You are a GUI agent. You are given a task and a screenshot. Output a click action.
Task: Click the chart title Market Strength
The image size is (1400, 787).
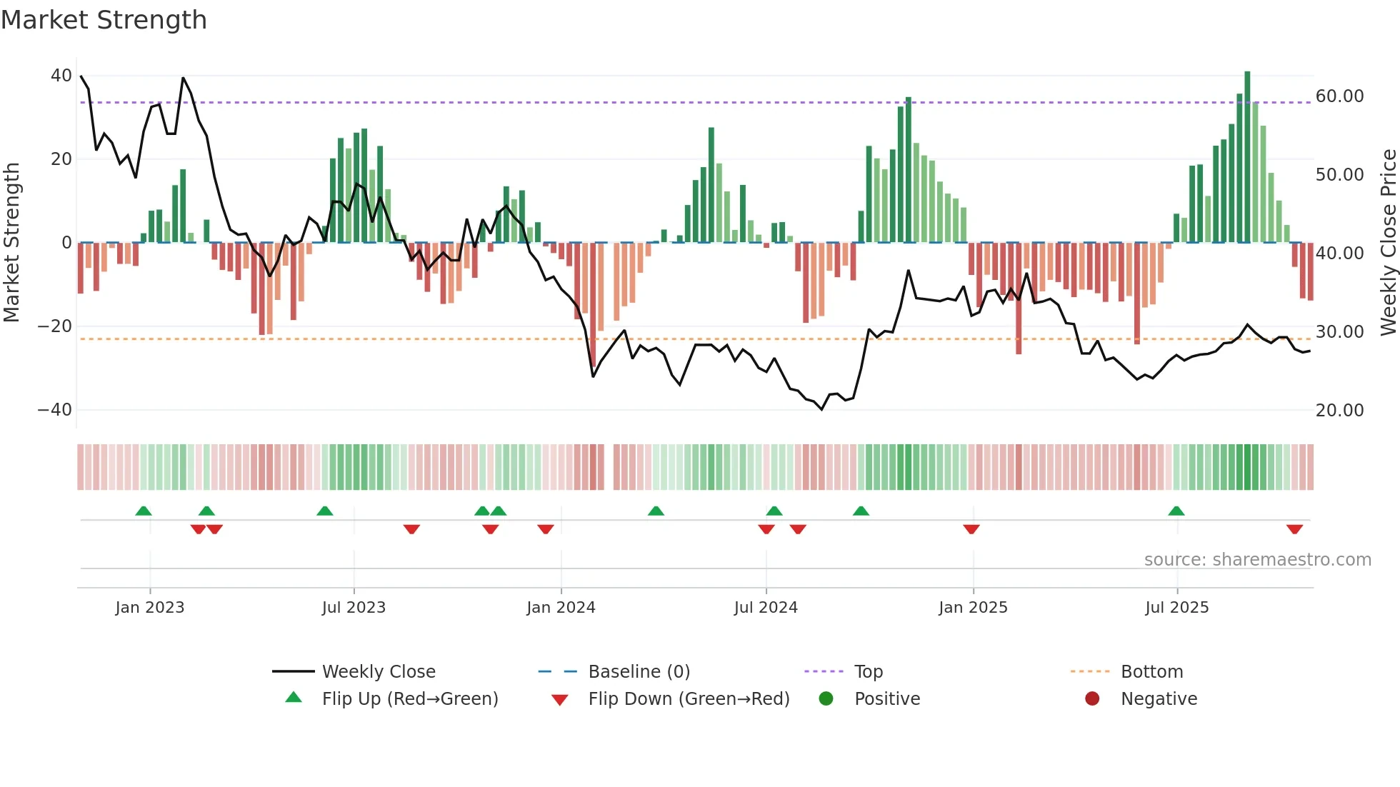point(104,20)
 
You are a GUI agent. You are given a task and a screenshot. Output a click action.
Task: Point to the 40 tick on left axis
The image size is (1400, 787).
point(61,76)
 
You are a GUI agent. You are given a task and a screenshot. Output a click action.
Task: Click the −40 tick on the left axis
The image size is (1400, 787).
point(55,410)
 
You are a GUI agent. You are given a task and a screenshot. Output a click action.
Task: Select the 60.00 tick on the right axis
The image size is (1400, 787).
point(1339,96)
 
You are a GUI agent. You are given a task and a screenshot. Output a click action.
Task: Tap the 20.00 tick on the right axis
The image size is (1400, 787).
point(1339,411)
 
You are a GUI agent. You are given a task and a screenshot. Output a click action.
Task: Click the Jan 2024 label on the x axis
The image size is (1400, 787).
point(561,608)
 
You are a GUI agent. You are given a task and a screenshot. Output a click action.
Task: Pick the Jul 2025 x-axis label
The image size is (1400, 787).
point(1176,608)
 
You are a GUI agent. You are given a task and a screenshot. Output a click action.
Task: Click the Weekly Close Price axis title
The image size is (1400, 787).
point(1388,243)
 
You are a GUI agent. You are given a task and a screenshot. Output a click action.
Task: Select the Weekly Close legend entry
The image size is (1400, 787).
point(378,672)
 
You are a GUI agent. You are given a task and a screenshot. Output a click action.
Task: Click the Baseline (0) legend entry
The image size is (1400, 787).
point(639,672)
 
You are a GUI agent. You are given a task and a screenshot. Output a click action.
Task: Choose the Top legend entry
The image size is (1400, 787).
point(868,672)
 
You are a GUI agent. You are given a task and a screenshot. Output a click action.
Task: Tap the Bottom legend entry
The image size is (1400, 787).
point(1151,672)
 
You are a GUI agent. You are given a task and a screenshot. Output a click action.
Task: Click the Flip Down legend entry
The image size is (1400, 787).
point(689,699)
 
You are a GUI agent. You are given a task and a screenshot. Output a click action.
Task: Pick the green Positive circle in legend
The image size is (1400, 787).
point(826,698)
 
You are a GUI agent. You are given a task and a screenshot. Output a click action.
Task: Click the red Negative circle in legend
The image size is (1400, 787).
point(1092,698)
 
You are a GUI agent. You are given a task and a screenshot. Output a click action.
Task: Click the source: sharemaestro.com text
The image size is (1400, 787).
point(1257,560)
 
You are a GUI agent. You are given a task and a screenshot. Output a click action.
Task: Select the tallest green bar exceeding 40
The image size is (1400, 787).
point(1247,157)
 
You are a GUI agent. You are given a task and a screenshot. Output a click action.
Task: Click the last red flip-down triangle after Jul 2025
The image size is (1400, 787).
point(1294,529)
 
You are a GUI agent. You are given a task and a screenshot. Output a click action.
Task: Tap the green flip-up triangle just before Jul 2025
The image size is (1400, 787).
point(1176,511)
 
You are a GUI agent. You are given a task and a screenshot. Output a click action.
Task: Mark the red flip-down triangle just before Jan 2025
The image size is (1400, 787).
point(971,529)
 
